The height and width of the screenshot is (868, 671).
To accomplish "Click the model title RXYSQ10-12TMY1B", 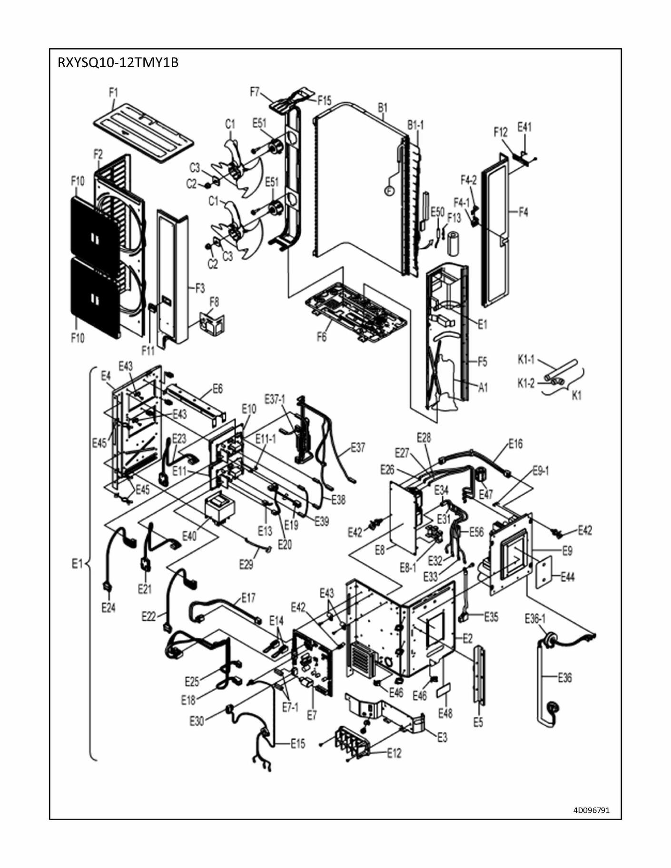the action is coord(118,63).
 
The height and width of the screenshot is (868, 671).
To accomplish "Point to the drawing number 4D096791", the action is coord(591,810).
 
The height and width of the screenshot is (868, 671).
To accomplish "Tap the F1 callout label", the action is coord(113,93).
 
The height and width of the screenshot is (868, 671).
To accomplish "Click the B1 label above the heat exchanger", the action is coord(383,107).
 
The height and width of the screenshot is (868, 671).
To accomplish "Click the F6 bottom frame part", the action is coord(356,312).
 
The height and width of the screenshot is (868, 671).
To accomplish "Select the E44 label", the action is coord(568,577).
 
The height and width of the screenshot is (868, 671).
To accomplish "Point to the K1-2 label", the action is coord(526,383).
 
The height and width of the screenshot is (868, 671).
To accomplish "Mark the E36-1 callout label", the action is coord(535,619).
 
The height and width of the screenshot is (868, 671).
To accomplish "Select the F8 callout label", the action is coord(214,302).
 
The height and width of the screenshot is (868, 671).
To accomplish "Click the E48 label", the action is coord(445,713).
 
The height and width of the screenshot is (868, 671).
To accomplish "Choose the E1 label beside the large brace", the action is coord(77,564).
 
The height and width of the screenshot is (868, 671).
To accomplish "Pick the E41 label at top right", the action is coord(524,127).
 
